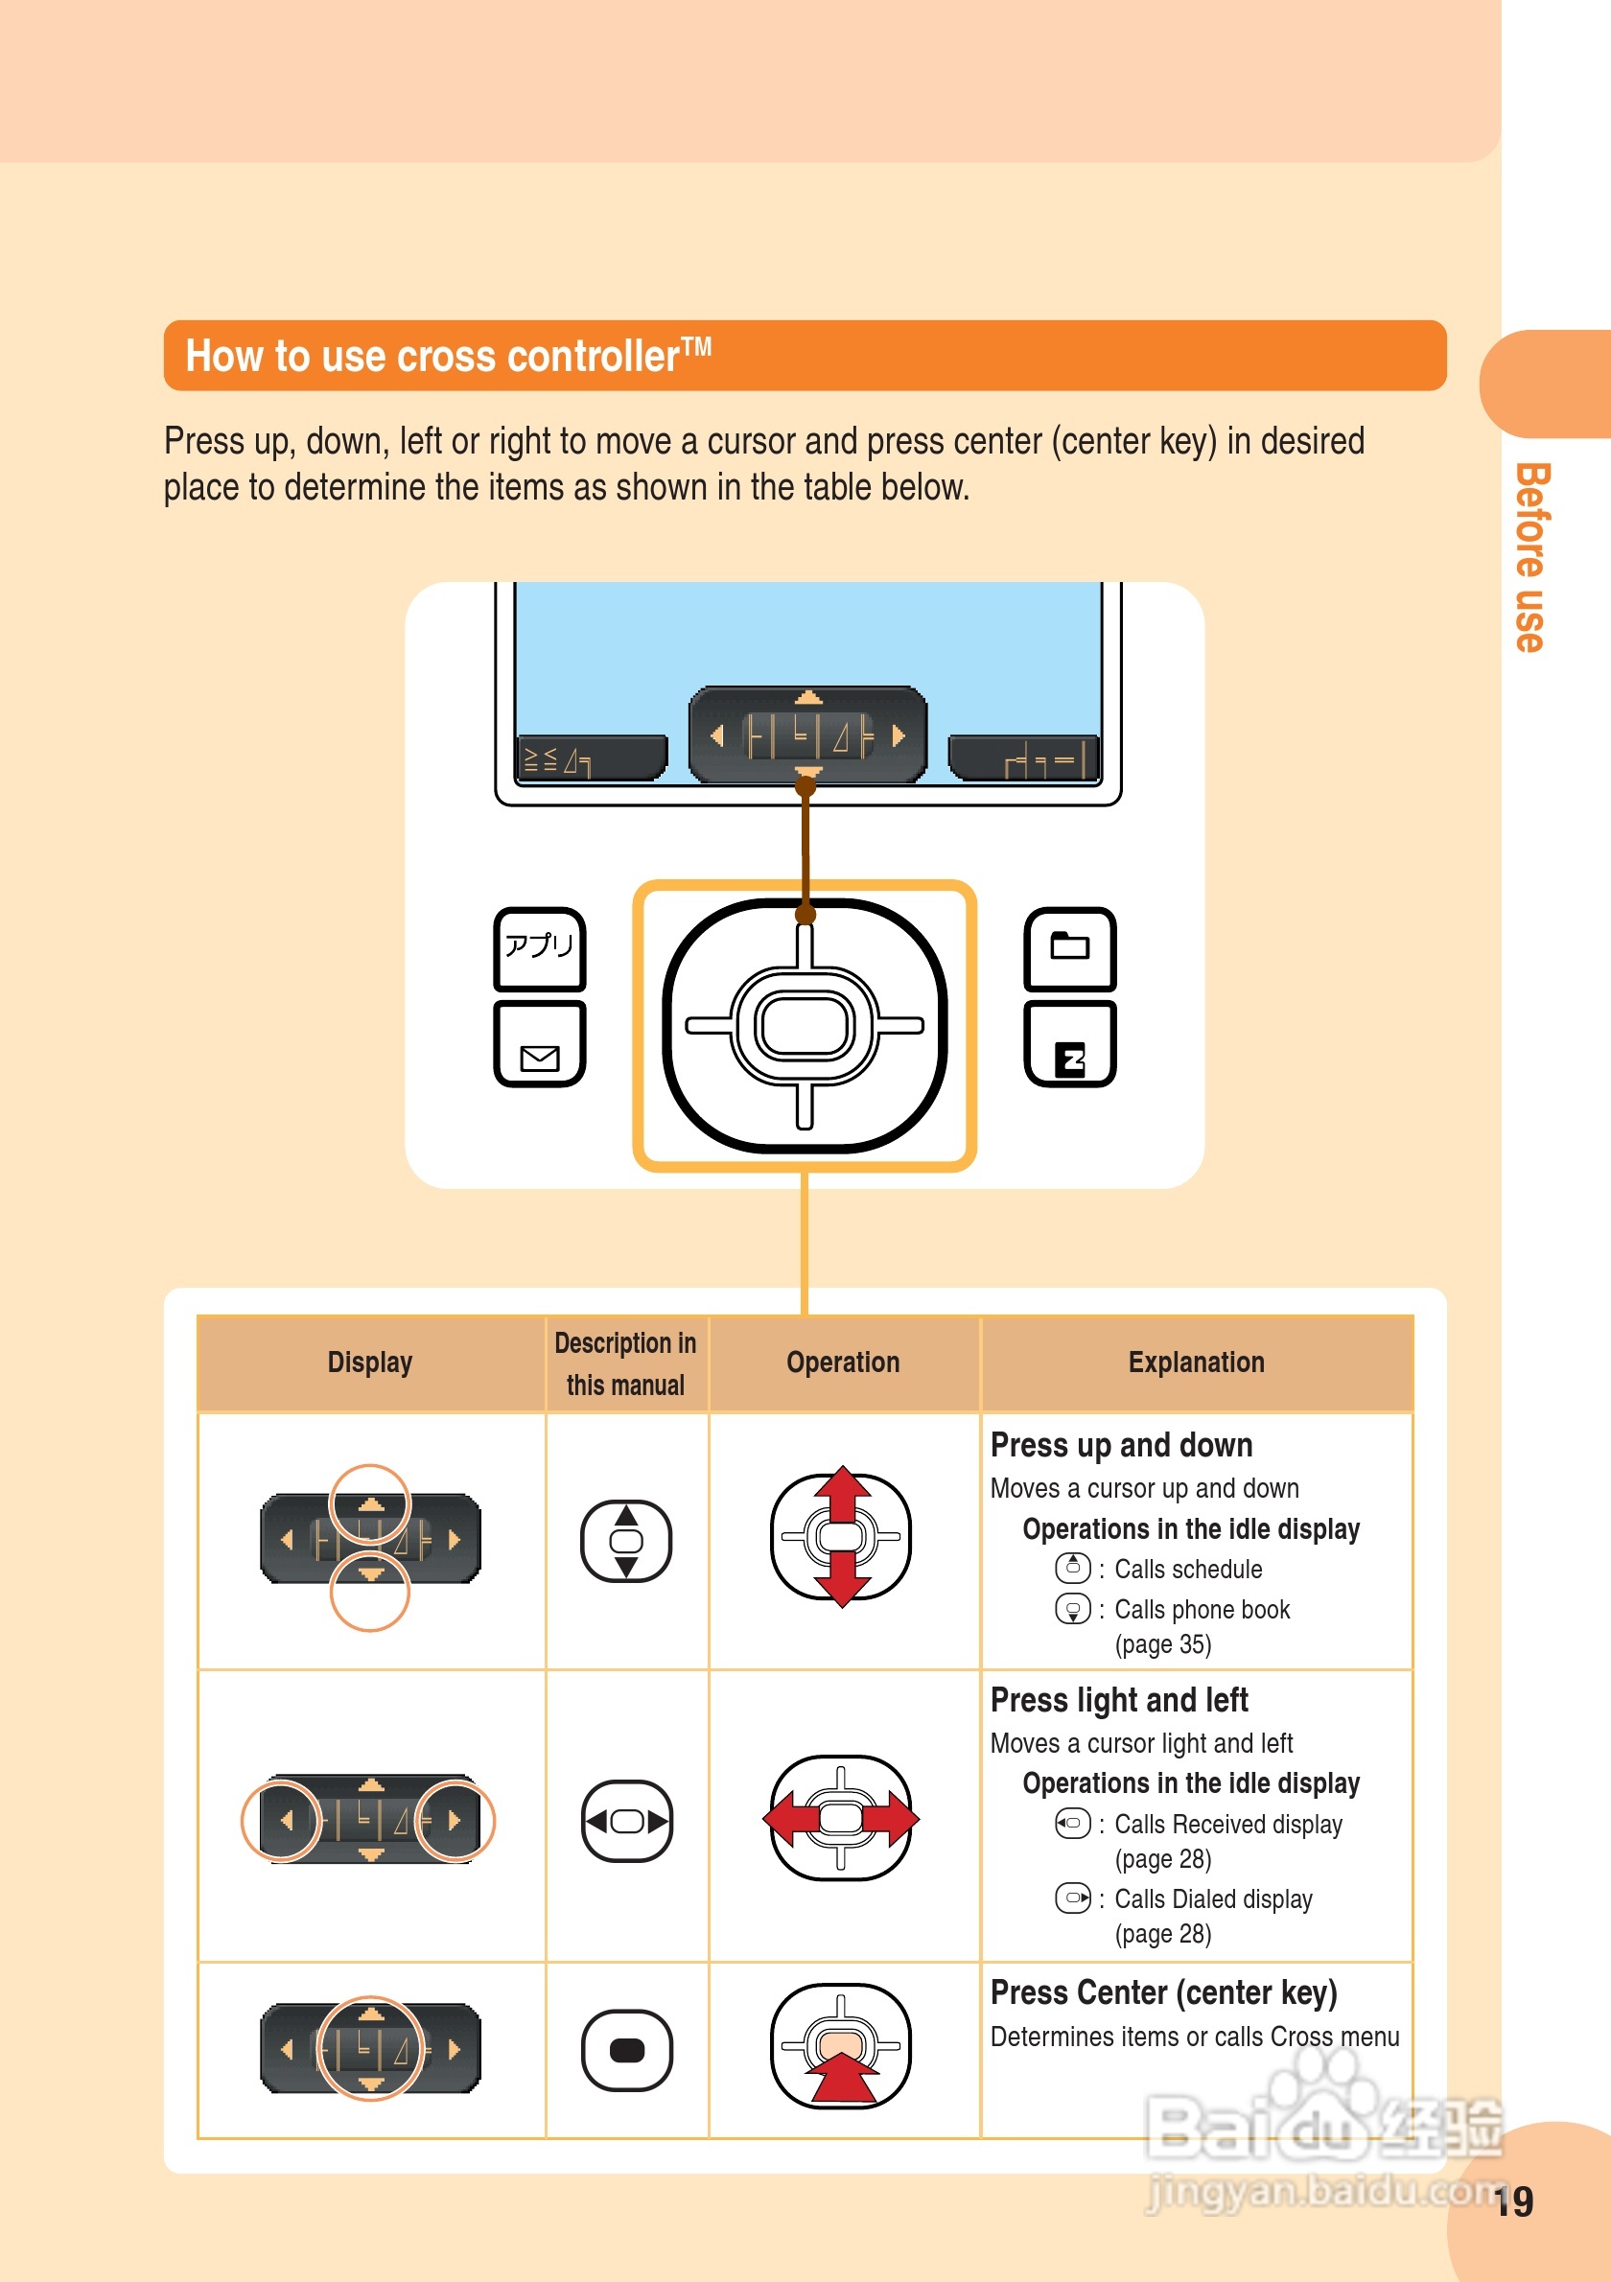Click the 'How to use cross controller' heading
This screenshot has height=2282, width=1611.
click(447, 356)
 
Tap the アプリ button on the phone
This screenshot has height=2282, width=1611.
click(540, 947)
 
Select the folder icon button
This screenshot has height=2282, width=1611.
click(1069, 947)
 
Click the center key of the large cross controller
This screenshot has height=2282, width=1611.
click(804, 1025)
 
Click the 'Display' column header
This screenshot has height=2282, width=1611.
click(370, 1362)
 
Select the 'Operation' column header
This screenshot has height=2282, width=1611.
click(843, 1362)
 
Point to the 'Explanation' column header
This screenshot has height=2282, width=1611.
click(1196, 1362)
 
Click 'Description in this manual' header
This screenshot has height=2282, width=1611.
click(625, 1362)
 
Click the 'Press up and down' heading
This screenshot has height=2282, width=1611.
click(1121, 1444)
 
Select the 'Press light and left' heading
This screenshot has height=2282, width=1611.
click(1119, 1700)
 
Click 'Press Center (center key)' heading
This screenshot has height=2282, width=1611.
click(1164, 1991)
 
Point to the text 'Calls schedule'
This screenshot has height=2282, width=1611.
click(1187, 1569)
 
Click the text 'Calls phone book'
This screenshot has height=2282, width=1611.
click(1202, 1609)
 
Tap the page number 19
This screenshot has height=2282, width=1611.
click(1513, 2201)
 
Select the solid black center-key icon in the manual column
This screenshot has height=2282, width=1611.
click(626, 2049)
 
